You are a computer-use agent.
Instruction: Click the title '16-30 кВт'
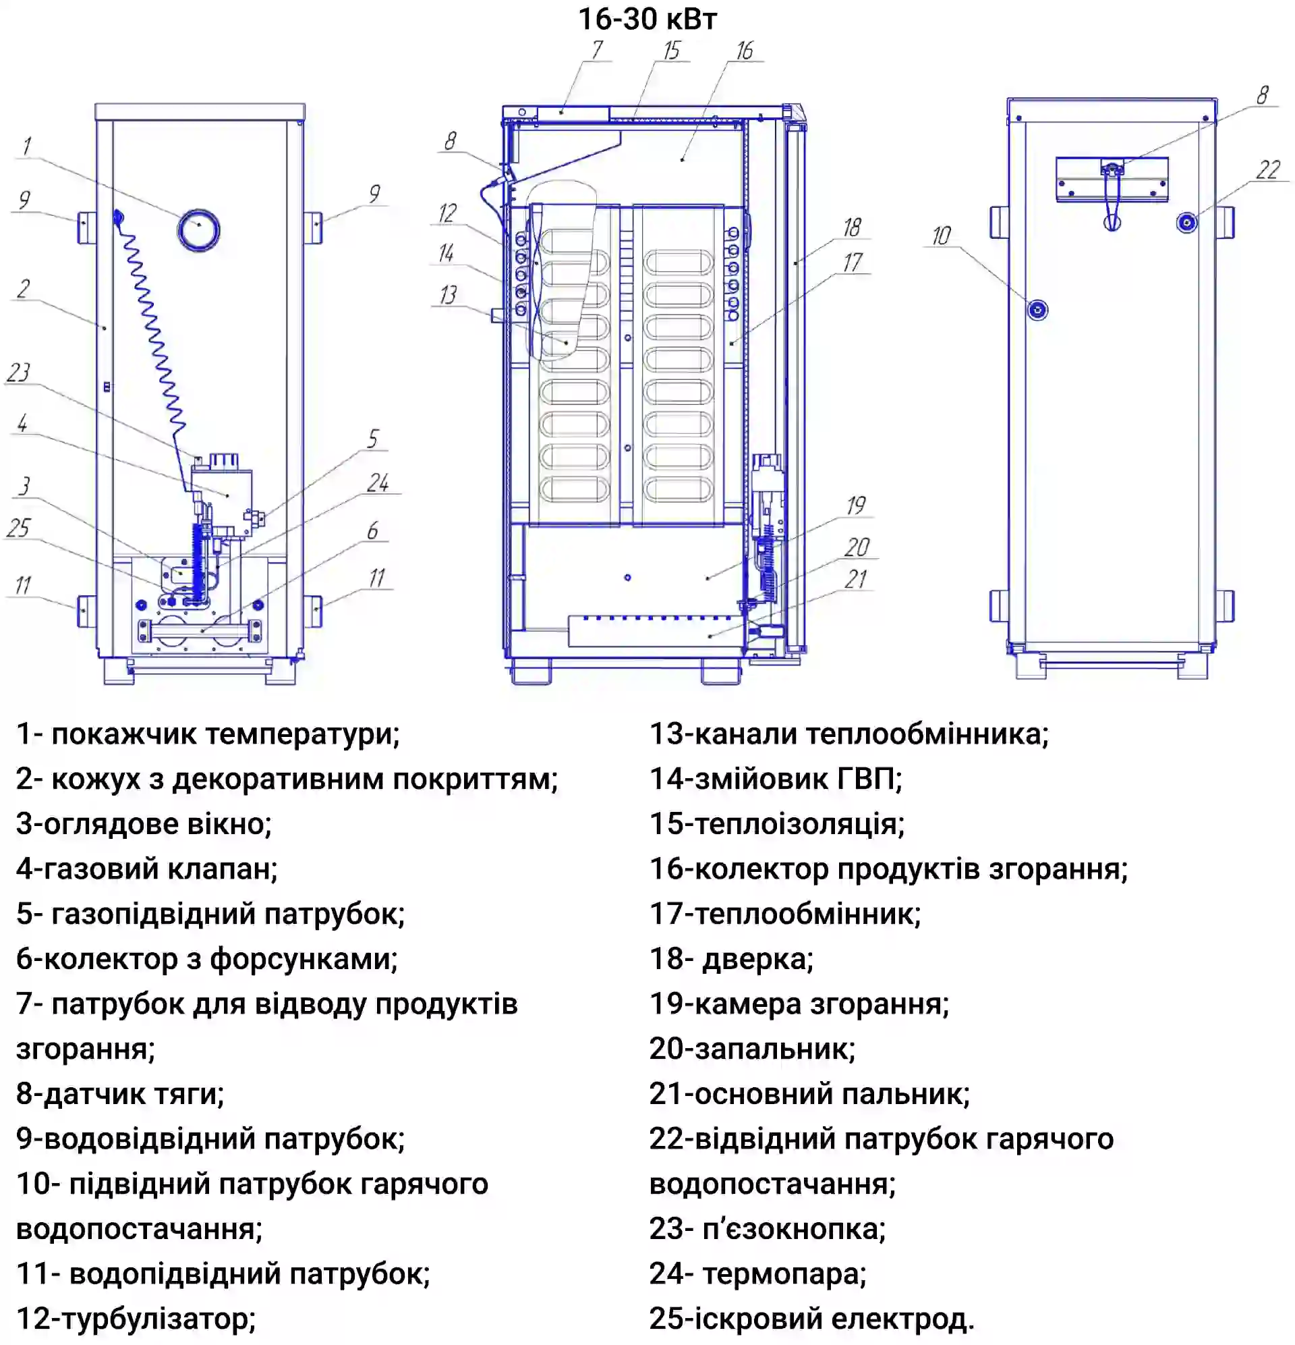(647, 19)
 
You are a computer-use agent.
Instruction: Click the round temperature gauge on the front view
(198, 230)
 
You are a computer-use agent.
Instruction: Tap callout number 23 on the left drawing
(18, 373)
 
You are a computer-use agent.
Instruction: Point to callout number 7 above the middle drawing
(597, 49)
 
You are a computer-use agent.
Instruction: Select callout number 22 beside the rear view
(1267, 169)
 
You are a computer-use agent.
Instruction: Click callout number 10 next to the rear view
(940, 236)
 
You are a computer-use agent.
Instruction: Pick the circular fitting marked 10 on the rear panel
(1037, 310)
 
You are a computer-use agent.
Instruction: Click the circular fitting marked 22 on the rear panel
(1186, 222)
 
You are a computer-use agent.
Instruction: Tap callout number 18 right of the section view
(852, 227)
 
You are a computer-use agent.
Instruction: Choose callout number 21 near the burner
(855, 579)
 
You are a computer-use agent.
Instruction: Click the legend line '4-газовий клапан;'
(147, 869)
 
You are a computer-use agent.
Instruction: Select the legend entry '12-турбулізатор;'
(136, 1318)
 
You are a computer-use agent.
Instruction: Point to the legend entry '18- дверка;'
(731, 959)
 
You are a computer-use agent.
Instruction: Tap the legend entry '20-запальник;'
(753, 1049)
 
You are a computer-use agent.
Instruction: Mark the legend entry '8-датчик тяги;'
(120, 1094)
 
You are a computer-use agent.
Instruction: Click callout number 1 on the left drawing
(26, 146)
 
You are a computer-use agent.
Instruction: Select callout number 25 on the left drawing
(18, 528)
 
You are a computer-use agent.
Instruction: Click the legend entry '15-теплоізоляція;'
(777, 824)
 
